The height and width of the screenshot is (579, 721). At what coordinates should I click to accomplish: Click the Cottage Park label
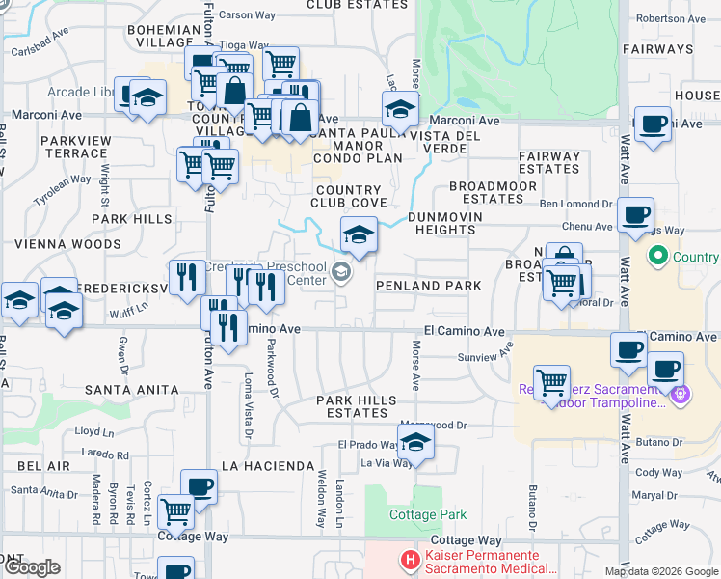428,515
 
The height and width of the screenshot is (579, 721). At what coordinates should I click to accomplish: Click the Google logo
31,567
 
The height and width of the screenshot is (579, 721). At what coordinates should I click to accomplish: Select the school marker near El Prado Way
415,442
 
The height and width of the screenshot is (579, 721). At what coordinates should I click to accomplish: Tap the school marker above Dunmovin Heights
358,234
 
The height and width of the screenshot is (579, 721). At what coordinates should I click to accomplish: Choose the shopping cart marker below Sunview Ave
551,381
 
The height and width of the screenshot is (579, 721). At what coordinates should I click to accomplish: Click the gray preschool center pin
340,273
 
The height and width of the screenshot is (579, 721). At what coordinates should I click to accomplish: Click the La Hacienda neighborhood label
268,466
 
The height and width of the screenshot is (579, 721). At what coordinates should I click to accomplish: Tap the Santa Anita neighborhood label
131,390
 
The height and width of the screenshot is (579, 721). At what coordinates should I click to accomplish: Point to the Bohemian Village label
161,36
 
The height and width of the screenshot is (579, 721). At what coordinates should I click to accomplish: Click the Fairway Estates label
548,162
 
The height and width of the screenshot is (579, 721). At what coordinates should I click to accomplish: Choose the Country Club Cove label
349,196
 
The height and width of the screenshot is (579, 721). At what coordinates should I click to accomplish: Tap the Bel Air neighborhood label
43,466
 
